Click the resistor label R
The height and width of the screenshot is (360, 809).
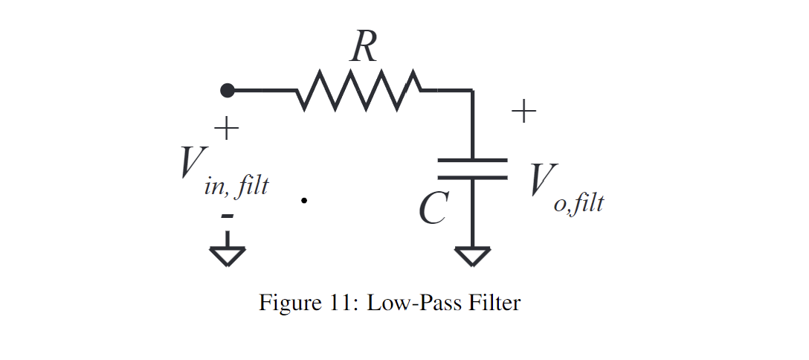(364, 48)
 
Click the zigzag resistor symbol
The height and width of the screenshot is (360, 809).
(359, 90)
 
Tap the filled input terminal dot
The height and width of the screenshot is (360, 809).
(228, 90)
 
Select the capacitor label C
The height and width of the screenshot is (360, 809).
(432, 208)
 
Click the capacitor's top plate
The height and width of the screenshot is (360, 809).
(472, 160)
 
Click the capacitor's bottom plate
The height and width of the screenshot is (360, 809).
(472, 177)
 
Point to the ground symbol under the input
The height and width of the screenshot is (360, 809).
(228, 256)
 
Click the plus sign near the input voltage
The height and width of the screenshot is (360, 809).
(227, 129)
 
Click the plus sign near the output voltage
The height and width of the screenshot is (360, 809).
(523, 112)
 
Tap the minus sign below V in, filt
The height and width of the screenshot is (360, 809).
(228, 216)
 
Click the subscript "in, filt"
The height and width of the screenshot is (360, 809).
(236, 187)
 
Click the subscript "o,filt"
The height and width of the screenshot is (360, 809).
(578, 203)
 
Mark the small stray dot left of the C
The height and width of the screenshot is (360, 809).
(304, 200)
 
